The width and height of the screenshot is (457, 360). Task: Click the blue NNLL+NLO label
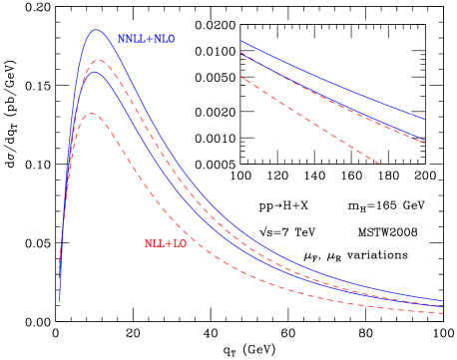coord(146,39)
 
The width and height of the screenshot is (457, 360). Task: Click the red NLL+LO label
coord(166,243)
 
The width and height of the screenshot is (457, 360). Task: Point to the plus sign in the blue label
coord(150,39)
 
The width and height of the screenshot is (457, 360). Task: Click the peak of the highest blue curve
coord(97,30)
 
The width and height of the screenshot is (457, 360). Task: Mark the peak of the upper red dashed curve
coord(97,60)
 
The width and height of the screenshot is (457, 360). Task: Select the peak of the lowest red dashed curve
coord(92,113)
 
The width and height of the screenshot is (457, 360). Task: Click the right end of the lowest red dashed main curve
coord(444,314)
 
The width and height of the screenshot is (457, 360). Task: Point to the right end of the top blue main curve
coord(444,299)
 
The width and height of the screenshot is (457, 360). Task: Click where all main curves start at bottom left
coord(60,300)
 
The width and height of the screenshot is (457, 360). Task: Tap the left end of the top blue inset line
coord(240,41)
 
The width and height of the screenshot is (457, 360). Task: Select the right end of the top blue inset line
coord(424,119)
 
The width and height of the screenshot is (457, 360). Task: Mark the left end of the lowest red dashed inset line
coord(240,77)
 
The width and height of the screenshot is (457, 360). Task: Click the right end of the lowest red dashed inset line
coord(380,164)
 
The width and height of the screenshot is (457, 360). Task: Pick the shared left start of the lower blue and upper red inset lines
coord(240,53)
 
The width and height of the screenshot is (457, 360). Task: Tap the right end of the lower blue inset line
coord(426,140)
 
